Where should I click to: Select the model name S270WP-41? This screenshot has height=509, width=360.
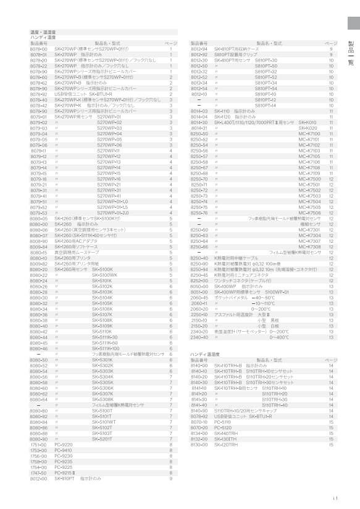[x=109, y=196]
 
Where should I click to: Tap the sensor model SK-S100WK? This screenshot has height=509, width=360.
[x=105, y=276]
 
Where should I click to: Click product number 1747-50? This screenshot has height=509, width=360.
[x=39, y=473]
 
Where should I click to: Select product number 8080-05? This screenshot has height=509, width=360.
[x=39, y=219]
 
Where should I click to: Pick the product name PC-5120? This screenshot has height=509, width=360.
[x=222, y=427]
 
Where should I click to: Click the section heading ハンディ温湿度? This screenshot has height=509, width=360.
[x=204, y=354]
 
